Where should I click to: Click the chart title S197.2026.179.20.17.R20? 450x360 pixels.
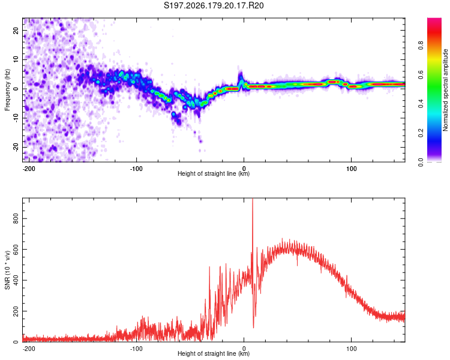214,5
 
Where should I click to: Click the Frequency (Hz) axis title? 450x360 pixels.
7,90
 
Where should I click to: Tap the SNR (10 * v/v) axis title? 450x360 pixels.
7,270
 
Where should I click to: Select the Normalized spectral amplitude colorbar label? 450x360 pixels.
445,90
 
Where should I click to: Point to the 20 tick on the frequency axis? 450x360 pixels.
16,30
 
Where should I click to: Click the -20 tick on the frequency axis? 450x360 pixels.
16,147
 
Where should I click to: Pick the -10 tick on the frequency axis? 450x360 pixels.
16,118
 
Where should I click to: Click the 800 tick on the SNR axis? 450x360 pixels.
16,218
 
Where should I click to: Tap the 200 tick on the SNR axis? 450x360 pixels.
16,311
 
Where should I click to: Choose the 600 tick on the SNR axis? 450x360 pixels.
16,249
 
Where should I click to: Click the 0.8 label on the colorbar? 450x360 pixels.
421,46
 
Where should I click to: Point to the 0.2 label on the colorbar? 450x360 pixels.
421,133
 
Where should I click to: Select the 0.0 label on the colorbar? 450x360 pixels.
421,162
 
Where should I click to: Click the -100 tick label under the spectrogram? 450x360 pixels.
136,169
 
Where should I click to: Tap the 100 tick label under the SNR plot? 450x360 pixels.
351,349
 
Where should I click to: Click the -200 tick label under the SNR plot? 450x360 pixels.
28,349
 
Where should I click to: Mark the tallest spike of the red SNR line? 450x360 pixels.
253,199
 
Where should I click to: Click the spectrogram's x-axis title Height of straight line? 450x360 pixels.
214,173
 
